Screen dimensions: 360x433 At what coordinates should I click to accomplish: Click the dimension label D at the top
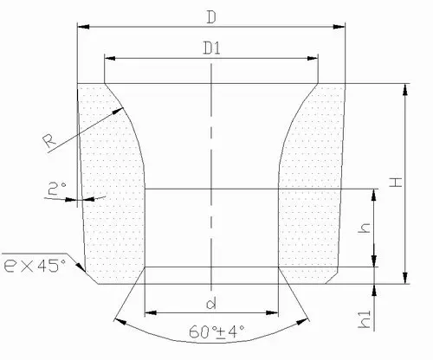tap(211, 17)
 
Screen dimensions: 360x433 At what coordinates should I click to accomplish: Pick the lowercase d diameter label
tap(212, 303)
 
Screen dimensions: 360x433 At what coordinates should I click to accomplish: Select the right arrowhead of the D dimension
tap(341, 28)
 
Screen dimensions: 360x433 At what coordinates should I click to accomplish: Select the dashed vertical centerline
tap(212, 173)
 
